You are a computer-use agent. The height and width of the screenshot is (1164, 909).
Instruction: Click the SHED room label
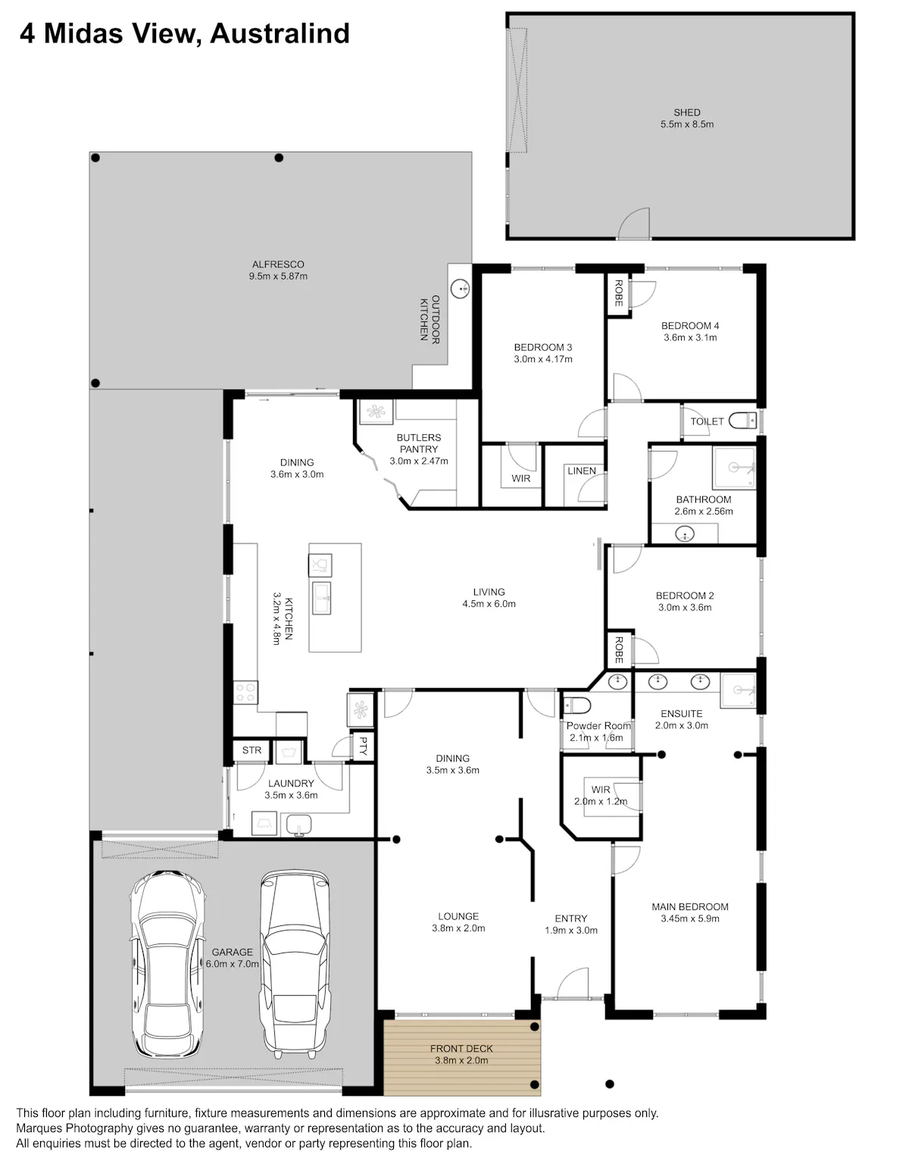pyautogui.click(x=686, y=112)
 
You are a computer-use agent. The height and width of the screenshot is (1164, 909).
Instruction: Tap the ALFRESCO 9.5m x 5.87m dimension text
pyautogui.click(x=278, y=277)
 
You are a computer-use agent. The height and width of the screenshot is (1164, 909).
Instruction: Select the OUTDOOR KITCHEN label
pyautogui.click(x=430, y=319)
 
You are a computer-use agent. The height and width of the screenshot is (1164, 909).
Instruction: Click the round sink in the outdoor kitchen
pyautogui.click(x=460, y=289)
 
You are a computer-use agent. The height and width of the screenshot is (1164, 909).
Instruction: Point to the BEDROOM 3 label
pyautogui.click(x=543, y=347)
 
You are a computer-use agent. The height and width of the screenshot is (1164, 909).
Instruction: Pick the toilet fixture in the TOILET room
pyautogui.click(x=743, y=421)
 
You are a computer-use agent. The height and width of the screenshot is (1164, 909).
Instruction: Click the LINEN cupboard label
pyautogui.click(x=581, y=471)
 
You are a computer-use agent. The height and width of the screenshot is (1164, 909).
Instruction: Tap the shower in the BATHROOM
pyautogui.click(x=734, y=468)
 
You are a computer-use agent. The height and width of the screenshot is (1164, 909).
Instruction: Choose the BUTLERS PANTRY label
pyautogui.click(x=419, y=443)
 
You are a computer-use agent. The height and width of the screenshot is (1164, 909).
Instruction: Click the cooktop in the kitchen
pyautogui.click(x=245, y=692)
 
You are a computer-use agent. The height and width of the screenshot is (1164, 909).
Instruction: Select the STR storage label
pyautogui.click(x=251, y=750)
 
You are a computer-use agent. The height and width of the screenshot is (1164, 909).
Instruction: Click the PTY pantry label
pyautogui.click(x=363, y=746)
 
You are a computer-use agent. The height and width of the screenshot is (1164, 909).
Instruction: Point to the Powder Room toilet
pyautogui.click(x=576, y=706)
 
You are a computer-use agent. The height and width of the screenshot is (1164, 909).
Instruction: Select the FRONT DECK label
pyautogui.click(x=461, y=1048)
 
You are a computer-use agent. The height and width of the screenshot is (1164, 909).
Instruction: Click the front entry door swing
pyautogui.click(x=573, y=983)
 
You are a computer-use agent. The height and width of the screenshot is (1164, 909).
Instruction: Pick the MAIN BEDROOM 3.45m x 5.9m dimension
pyautogui.click(x=690, y=918)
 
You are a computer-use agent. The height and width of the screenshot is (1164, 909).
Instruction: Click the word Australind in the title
pyautogui.click(x=280, y=33)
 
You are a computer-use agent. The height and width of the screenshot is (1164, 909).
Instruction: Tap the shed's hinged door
pyautogui.click(x=634, y=223)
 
